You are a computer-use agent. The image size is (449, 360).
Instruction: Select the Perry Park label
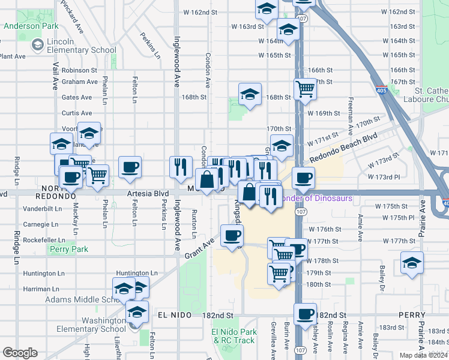click(x=69, y=249)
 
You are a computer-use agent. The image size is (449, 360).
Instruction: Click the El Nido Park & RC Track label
click(x=234, y=336)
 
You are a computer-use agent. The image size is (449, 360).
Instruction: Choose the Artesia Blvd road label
click(x=146, y=194)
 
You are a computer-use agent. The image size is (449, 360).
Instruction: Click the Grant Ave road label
click(x=200, y=247)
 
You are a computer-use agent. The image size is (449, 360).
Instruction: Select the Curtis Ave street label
click(x=77, y=113)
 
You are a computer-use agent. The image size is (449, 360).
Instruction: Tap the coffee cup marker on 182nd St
click(x=305, y=313)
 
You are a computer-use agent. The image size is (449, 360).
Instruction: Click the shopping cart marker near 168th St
click(x=306, y=89)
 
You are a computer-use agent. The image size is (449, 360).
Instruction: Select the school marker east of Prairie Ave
click(x=412, y=263)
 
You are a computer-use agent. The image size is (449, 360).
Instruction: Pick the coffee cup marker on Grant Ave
click(x=232, y=235)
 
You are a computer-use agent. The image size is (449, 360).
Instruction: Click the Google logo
click(x=20, y=353)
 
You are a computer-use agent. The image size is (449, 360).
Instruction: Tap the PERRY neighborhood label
click(x=412, y=315)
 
